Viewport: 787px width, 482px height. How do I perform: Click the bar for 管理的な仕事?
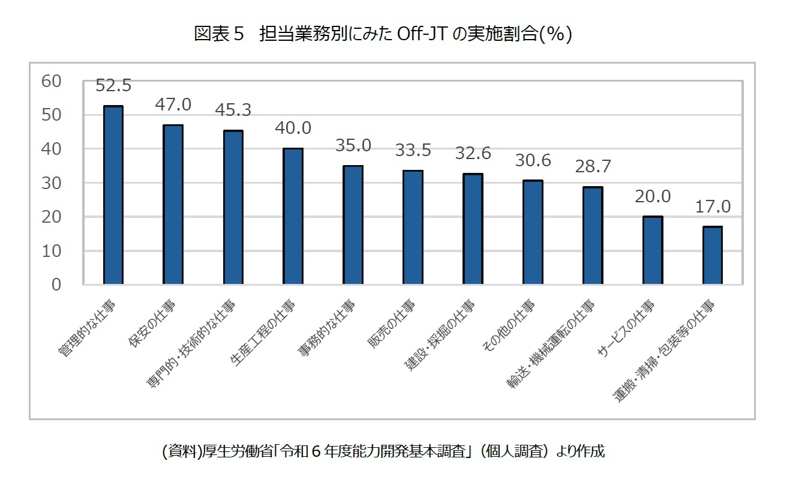[113, 195]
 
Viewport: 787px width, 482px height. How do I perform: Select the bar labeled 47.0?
[173, 204]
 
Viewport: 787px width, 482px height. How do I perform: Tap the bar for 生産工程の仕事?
[293, 216]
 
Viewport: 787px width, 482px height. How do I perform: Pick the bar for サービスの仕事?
[653, 250]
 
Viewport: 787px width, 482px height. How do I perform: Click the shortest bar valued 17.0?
[712, 255]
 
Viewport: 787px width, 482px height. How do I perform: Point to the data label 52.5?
[113, 86]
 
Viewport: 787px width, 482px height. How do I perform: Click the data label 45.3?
[233, 110]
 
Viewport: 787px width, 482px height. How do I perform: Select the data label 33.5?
[413, 150]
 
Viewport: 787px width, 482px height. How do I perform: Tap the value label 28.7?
[593, 167]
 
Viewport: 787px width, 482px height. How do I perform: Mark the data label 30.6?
[533, 160]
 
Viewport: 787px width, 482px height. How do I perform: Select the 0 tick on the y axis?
[56, 285]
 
